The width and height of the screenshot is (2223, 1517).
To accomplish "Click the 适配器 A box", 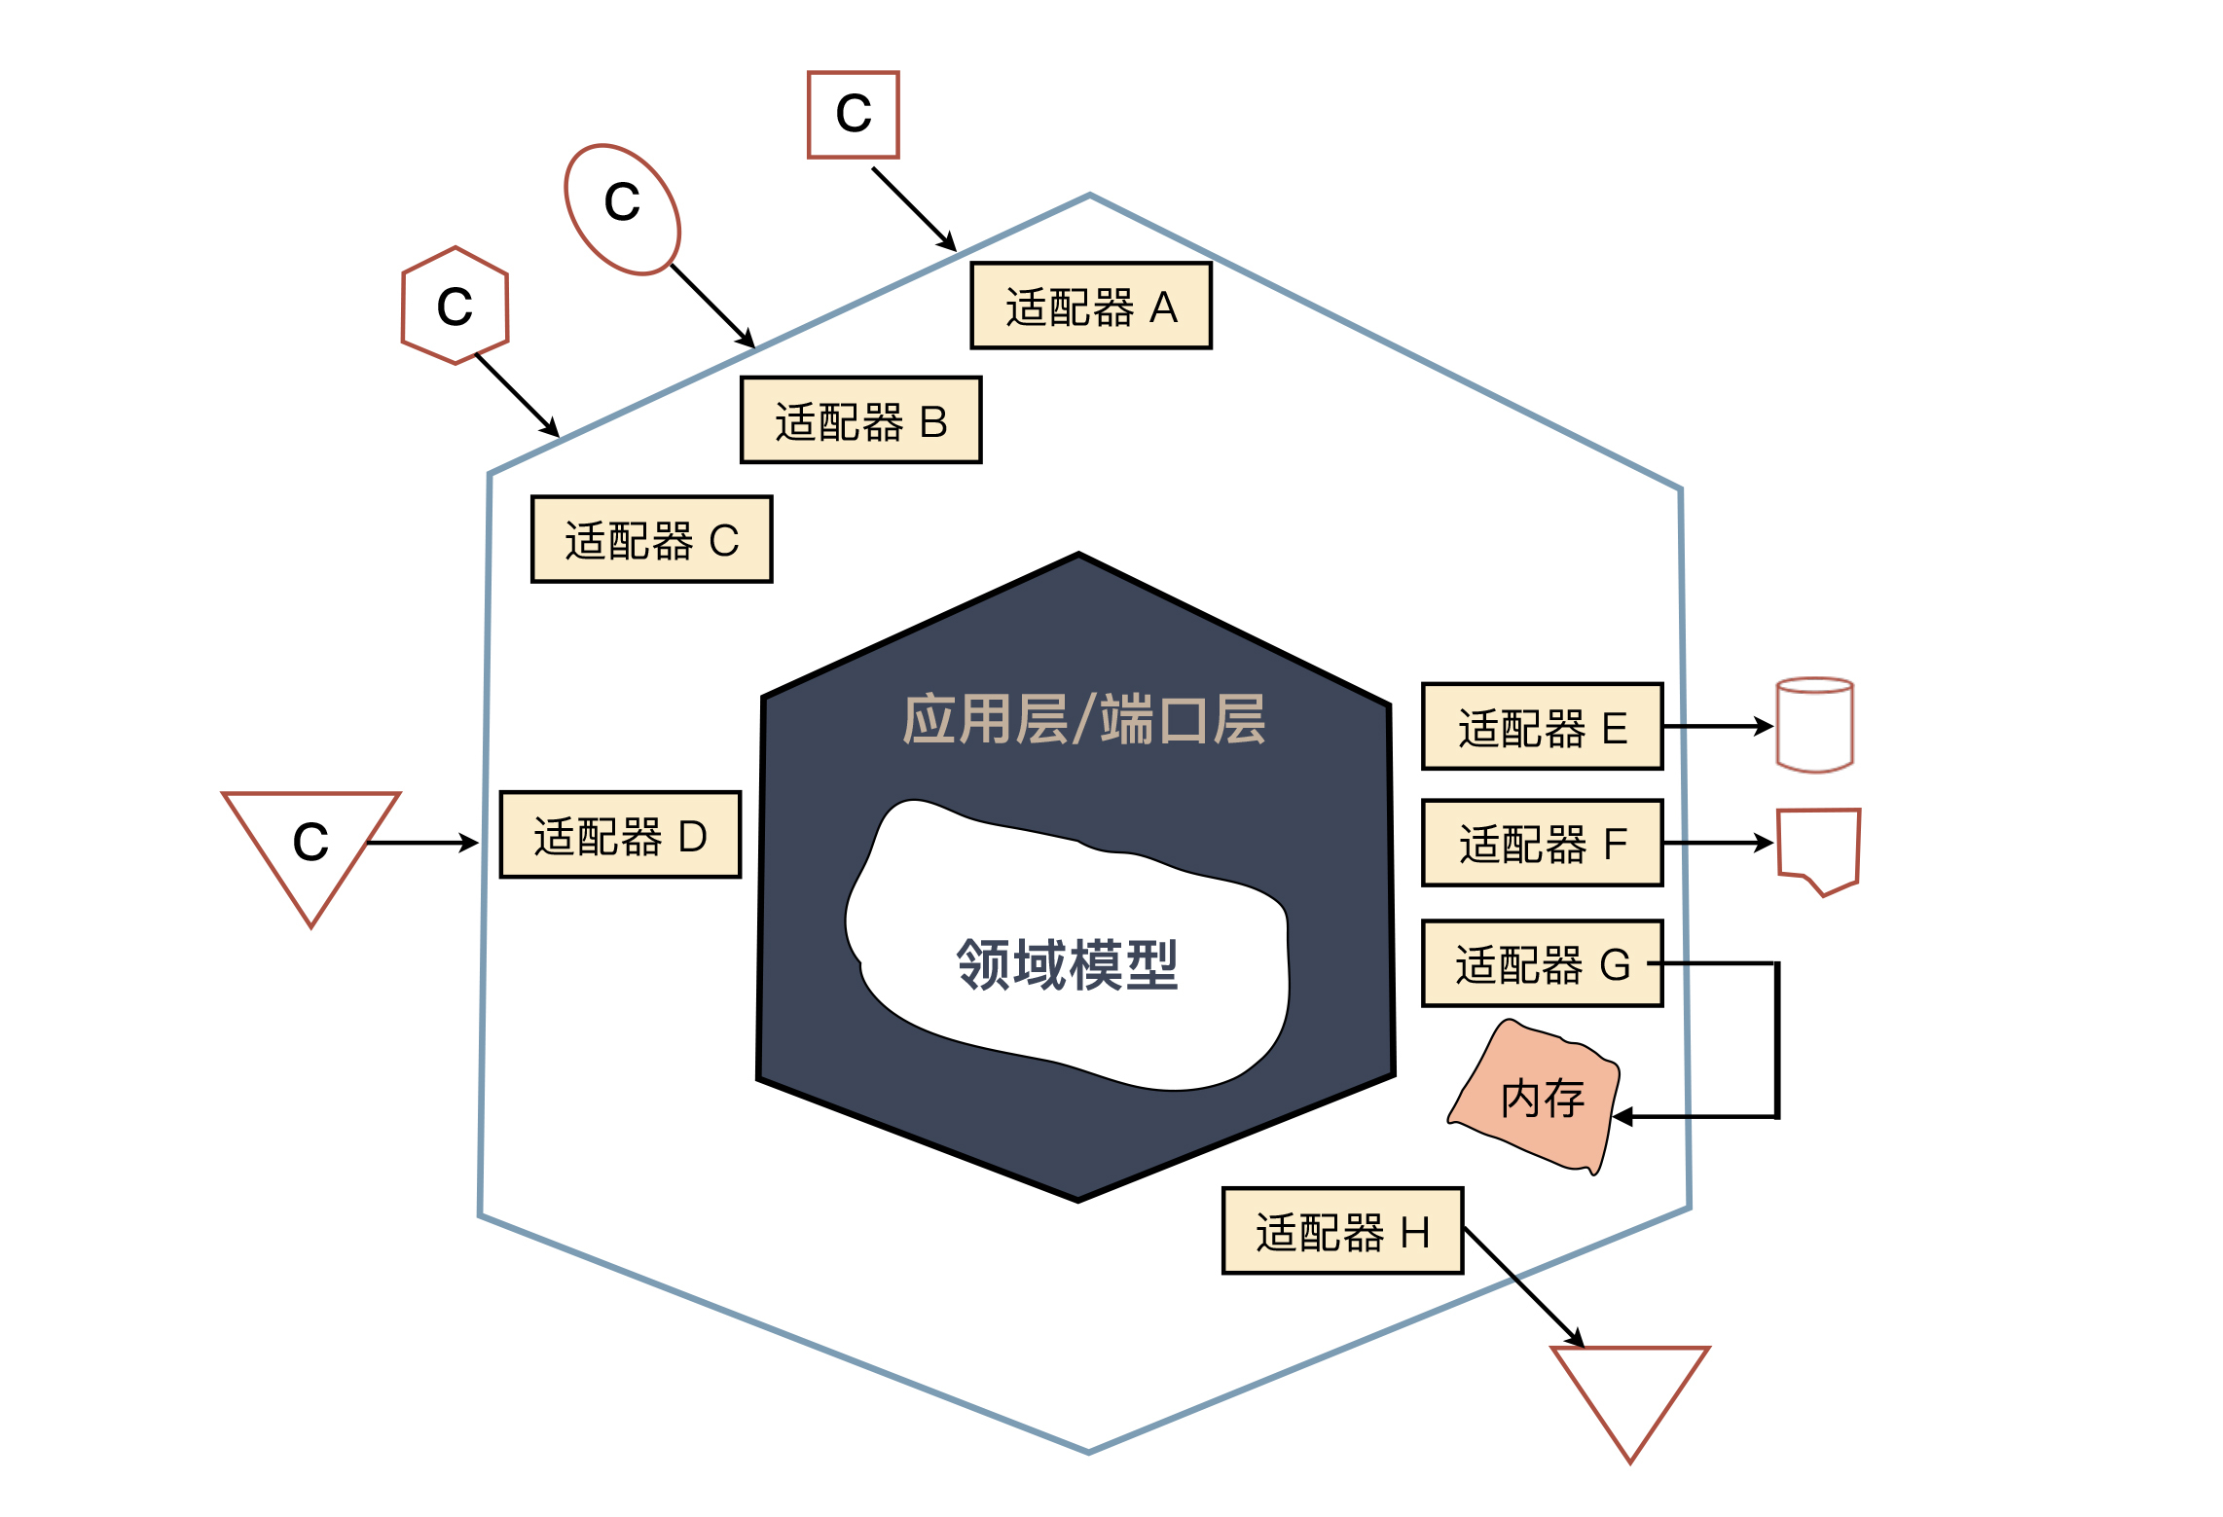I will coord(1091,306).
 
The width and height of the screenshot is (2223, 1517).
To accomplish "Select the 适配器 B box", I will coord(861,420).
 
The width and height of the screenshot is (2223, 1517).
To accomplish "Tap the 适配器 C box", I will coord(652,539).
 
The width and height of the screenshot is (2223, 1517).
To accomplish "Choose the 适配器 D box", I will coord(621,835).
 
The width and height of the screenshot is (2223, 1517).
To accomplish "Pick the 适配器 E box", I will coord(1543,727).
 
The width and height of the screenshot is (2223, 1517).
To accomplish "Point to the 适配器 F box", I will coord(1543,843).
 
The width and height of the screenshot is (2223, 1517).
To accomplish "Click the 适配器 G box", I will coord(1543,963).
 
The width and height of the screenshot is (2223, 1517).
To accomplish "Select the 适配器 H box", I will coord(1343,1231).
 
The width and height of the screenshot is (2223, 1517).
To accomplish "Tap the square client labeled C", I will coord(854,114).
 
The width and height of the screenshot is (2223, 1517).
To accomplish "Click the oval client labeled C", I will coord(623,208).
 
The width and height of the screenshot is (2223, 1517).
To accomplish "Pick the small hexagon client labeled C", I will coord(456,306).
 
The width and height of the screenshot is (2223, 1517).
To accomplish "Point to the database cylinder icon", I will coord(1815,725).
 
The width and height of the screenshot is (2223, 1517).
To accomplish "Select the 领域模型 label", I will coord(1068,964).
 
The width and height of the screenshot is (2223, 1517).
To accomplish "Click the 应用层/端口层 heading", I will coord(1084,720).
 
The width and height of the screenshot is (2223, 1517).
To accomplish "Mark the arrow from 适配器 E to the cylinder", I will coord(1718,726).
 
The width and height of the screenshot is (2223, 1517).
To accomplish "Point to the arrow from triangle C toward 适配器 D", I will coord(423,843).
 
